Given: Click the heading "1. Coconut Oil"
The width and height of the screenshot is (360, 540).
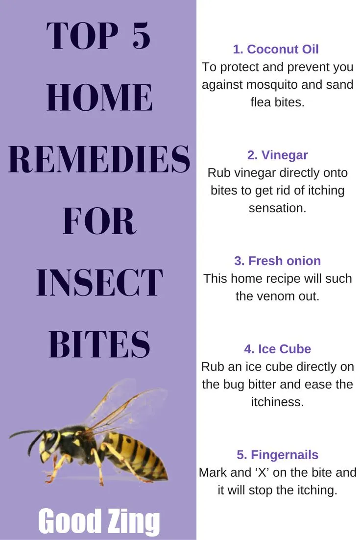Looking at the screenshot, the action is tap(276, 49).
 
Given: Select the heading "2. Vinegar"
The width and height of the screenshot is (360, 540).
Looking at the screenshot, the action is tap(277, 155).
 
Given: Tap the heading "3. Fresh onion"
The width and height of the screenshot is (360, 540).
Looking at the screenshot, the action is tap(277, 261).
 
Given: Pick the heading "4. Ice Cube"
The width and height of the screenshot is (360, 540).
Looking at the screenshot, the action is tap(277, 349).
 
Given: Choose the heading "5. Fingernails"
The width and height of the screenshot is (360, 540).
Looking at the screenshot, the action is tap(277, 455).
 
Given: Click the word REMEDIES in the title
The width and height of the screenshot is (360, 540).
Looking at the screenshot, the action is tap(99, 159).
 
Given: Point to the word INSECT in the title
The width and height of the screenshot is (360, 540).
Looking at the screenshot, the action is tap(99, 282).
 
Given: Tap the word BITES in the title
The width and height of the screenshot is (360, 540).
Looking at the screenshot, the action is tap(99, 344).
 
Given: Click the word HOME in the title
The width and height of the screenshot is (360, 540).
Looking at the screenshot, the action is tap(99, 98).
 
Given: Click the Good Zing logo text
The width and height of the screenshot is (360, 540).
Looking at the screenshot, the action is tap(99, 521).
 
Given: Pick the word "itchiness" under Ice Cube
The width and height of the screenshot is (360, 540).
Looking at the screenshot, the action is tap(277, 402).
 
